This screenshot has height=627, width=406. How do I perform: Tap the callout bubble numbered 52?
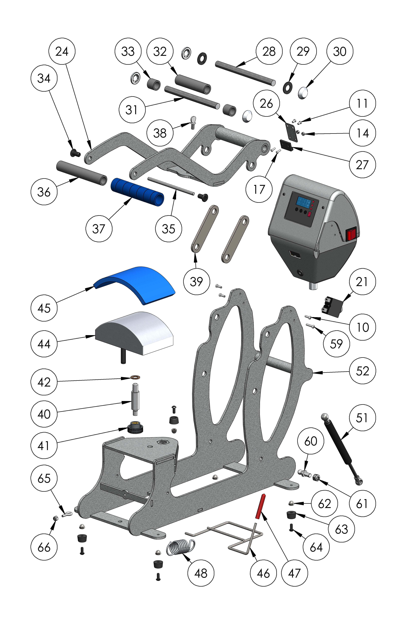coord(362,371)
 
